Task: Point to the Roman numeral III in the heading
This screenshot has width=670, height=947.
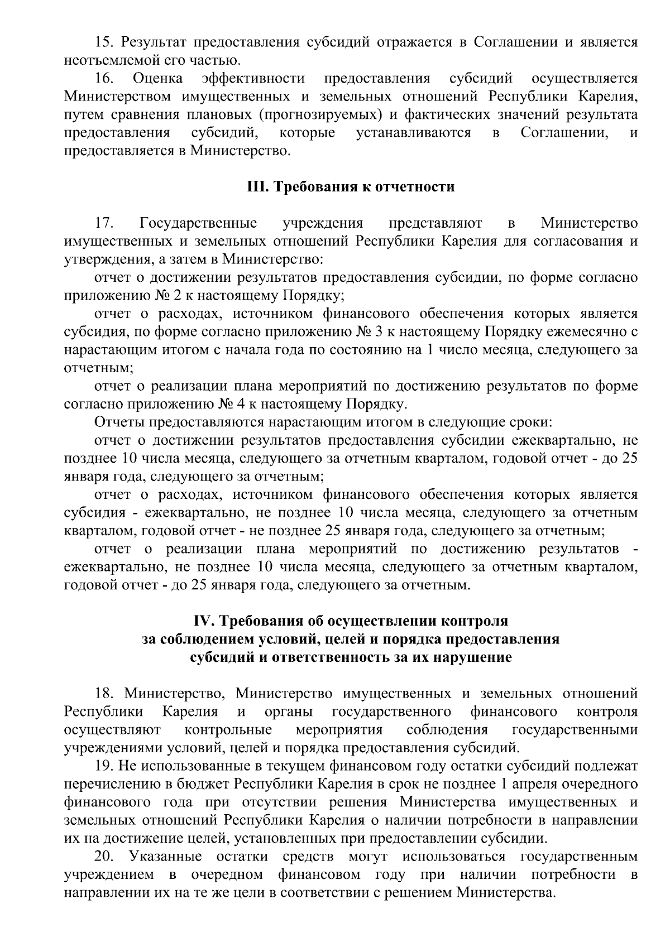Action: tap(257, 186)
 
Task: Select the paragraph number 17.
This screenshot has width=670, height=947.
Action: tap(105, 223)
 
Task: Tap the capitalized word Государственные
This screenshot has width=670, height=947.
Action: tap(198, 223)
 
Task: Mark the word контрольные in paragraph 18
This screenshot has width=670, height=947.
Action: tap(228, 730)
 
